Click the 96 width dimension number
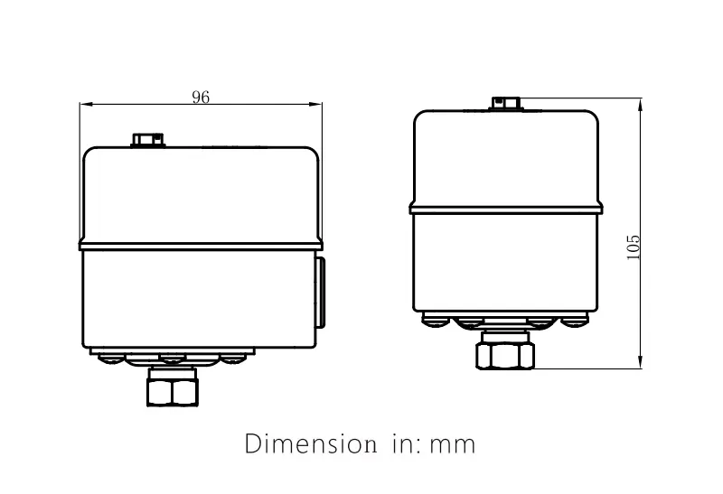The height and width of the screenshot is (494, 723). coord(201,98)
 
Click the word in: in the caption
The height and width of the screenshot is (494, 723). coord(402,444)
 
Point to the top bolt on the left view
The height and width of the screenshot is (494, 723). coord(147,140)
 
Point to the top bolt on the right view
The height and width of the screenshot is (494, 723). coord(506,103)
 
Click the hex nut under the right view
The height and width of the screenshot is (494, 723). coord(506,355)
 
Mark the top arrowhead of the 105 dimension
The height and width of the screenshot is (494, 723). coord(640,104)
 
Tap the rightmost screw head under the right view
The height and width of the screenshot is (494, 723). coord(575,319)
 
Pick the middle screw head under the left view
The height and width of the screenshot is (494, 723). coord(171,359)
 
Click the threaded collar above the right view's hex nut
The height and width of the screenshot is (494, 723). coord(506,337)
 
